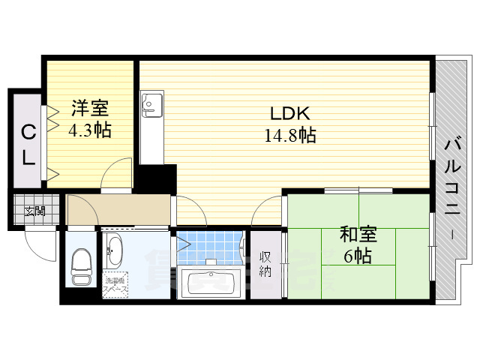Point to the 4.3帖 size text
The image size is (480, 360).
click(90, 130)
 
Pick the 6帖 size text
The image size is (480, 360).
click(358, 256)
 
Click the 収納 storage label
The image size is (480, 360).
click(265, 263)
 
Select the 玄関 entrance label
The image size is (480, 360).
click(33, 211)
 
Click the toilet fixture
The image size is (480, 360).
click(80, 267)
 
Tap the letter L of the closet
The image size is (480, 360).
click(27, 157)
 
